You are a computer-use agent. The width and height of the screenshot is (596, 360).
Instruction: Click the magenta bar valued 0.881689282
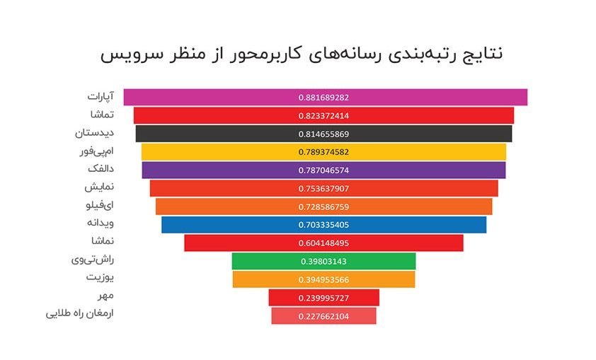(x=326, y=97)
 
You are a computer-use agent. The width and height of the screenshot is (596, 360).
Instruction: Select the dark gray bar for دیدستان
(x=324, y=134)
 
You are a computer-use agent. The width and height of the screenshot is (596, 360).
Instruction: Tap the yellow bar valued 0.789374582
(x=324, y=152)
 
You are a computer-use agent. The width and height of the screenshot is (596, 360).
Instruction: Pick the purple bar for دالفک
(x=324, y=170)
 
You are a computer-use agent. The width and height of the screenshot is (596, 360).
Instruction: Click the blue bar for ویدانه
(x=324, y=225)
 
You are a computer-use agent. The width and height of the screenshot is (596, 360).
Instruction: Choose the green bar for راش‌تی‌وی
(x=324, y=261)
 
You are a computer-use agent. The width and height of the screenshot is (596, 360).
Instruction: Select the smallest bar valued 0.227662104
(x=324, y=316)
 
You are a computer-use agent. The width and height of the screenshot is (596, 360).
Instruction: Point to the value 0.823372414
(x=323, y=116)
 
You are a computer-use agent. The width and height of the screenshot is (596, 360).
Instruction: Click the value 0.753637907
(x=323, y=189)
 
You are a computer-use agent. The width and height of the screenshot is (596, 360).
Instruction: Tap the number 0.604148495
(x=323, y=243)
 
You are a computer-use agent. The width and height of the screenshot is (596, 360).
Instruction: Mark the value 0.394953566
(x=323, y=280)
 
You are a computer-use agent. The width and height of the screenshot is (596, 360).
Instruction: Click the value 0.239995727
(x=323, y=298)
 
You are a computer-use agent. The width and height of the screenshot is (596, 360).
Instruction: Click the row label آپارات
(x=101, y=96)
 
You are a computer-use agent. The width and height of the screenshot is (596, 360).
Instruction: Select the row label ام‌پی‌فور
(x=96, y=151)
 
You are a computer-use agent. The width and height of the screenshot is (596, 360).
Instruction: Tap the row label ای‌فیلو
(x=100, y=206)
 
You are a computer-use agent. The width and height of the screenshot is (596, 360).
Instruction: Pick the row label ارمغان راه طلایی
(x=80, y=314)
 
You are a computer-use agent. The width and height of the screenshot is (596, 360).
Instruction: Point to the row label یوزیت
(x=100, y=277)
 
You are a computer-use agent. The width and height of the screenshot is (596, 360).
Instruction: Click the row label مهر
(x=105, y=296)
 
